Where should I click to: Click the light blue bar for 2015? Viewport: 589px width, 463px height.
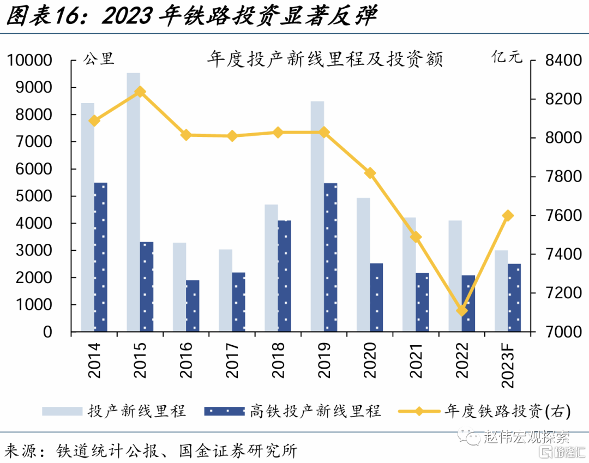tap(133, 202)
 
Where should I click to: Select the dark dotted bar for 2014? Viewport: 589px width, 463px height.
tap(101, 257)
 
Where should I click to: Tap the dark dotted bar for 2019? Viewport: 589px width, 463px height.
tap(330, 257)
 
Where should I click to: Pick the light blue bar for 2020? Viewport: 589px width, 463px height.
tap(363, 264)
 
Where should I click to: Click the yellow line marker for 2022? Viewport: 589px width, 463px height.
tap(462, 311)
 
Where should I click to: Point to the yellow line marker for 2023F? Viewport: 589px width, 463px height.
tap(508, 215)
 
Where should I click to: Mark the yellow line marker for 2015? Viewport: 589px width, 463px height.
tap(140, 92)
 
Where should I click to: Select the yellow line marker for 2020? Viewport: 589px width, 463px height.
tap(370, 173)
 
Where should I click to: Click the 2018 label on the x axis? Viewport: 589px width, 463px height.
tap(278, 360)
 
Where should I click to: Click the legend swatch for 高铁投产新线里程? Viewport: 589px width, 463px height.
tap(224, 411)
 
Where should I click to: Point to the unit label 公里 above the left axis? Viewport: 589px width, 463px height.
tap(98, 58)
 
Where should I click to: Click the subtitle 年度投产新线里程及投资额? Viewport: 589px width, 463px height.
tap(324, 59)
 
